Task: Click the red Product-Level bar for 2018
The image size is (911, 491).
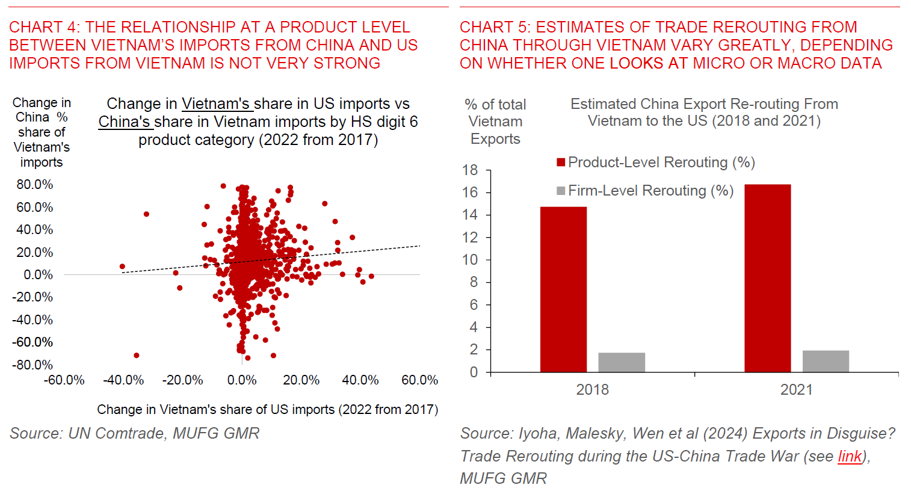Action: tap(563, 289)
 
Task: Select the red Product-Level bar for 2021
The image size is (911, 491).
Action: tap(767, 278)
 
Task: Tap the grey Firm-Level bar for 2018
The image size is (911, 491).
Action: tap(622, 362)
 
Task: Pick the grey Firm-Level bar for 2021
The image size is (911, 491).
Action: tap(826, 361)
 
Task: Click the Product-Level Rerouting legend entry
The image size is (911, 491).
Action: tap(656, 162)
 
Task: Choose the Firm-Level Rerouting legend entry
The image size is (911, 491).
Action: tap(645, 191)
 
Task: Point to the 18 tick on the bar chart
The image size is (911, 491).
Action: tap(470, 170)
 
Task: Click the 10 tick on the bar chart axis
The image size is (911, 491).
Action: tap(470, 260)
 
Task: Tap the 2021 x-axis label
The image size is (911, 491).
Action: tap(796, 390)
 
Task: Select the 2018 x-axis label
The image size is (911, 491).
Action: tap(592, 390)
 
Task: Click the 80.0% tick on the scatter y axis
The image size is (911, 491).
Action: tap(35, 185)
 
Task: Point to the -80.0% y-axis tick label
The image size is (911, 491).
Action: tap(33, 365)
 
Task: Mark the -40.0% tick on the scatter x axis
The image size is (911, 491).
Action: tap(123, 380)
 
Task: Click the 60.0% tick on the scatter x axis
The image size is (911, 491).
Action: tap(419, 380)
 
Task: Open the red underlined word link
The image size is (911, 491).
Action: tap(850, 457)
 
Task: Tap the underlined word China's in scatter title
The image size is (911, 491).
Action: tap(125, 122)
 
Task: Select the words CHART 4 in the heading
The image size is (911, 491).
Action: tap(43, 27)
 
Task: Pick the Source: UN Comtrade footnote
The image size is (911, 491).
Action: tap(134, 433)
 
